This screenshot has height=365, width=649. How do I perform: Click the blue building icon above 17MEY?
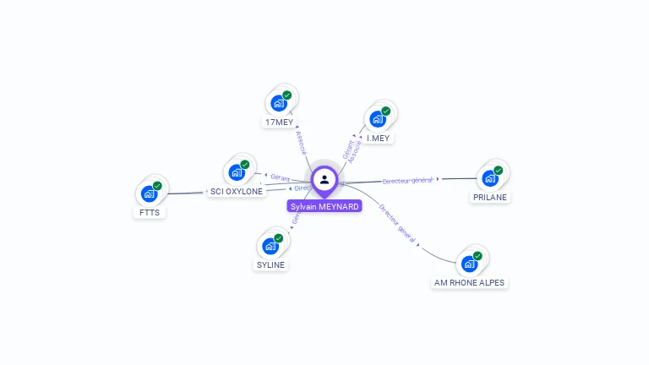point(278,104)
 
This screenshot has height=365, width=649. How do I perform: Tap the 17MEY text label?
point(278,123)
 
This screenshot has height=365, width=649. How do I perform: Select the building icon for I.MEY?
point(377,119)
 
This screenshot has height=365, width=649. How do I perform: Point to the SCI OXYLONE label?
point(237,191)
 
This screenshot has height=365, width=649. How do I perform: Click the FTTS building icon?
point(149,193)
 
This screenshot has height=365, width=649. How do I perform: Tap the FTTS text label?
point(149,212)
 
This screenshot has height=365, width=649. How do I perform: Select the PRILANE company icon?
point(489,178)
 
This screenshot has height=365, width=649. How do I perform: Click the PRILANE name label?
point(490,197)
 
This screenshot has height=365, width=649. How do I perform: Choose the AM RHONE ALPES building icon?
point(469,264)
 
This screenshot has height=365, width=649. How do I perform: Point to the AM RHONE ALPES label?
point(470,282)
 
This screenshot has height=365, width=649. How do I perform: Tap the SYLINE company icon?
point(270,246)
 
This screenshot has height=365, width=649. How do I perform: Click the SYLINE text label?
point(270,264)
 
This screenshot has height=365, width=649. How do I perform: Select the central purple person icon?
point(324,179)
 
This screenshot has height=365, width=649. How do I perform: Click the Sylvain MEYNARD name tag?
point(324,206)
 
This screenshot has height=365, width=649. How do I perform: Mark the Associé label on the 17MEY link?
point(303,142)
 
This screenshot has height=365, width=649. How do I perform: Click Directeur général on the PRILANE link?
point(407,180)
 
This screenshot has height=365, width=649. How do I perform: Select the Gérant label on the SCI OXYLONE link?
point(281,177)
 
